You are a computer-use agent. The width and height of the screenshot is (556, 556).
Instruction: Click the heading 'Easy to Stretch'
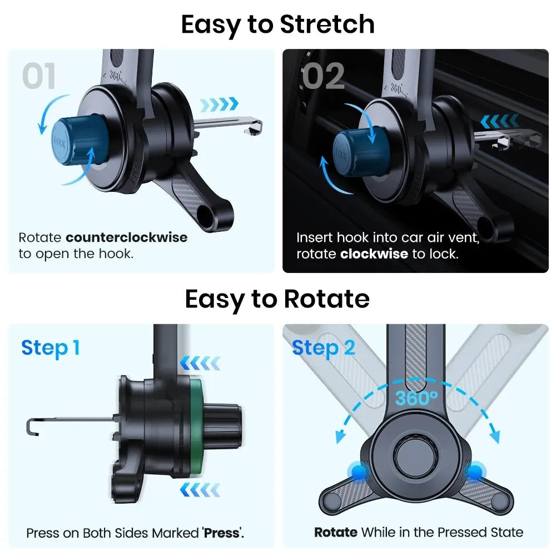pyautogui.click(x=277, y=24)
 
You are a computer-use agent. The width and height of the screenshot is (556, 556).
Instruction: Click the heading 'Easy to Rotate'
pyautogui.click(x=277, y=299)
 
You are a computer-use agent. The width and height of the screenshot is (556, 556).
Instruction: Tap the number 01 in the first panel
pyautogui.click(x=39, y=77)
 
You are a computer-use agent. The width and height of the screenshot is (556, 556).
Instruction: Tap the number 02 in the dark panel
pyautogui.click(x=324, y=77)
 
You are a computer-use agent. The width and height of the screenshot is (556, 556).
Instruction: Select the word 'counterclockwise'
pyautogui.click(x=127, y=238)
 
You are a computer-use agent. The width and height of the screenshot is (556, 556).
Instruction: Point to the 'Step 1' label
pyautogui.click(x=51, y=348)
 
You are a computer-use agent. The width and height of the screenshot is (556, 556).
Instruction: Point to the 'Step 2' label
pyautogui.click(x=323, y=348)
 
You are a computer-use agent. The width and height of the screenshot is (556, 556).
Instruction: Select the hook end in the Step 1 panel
pyautogui.click(x=31, y=426)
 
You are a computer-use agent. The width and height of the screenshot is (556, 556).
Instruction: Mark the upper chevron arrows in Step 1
pyautogui.click(x=200, y=364)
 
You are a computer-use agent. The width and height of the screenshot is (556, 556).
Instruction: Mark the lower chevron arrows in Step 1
pyautogui.click(x=200, y=490)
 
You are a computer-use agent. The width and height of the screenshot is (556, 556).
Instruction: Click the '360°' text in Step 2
pyautogui.click(x=416, y=399)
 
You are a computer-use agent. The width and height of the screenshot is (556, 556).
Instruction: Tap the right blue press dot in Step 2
pyautogui.click(x=474, y=473)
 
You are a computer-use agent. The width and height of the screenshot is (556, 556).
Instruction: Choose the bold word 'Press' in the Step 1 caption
pyautogui.click(x=222, y=533)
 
